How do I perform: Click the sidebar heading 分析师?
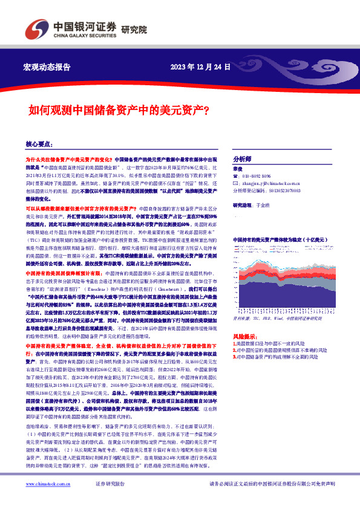pos(242,155)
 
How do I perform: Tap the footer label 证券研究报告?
pos(110,501)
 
